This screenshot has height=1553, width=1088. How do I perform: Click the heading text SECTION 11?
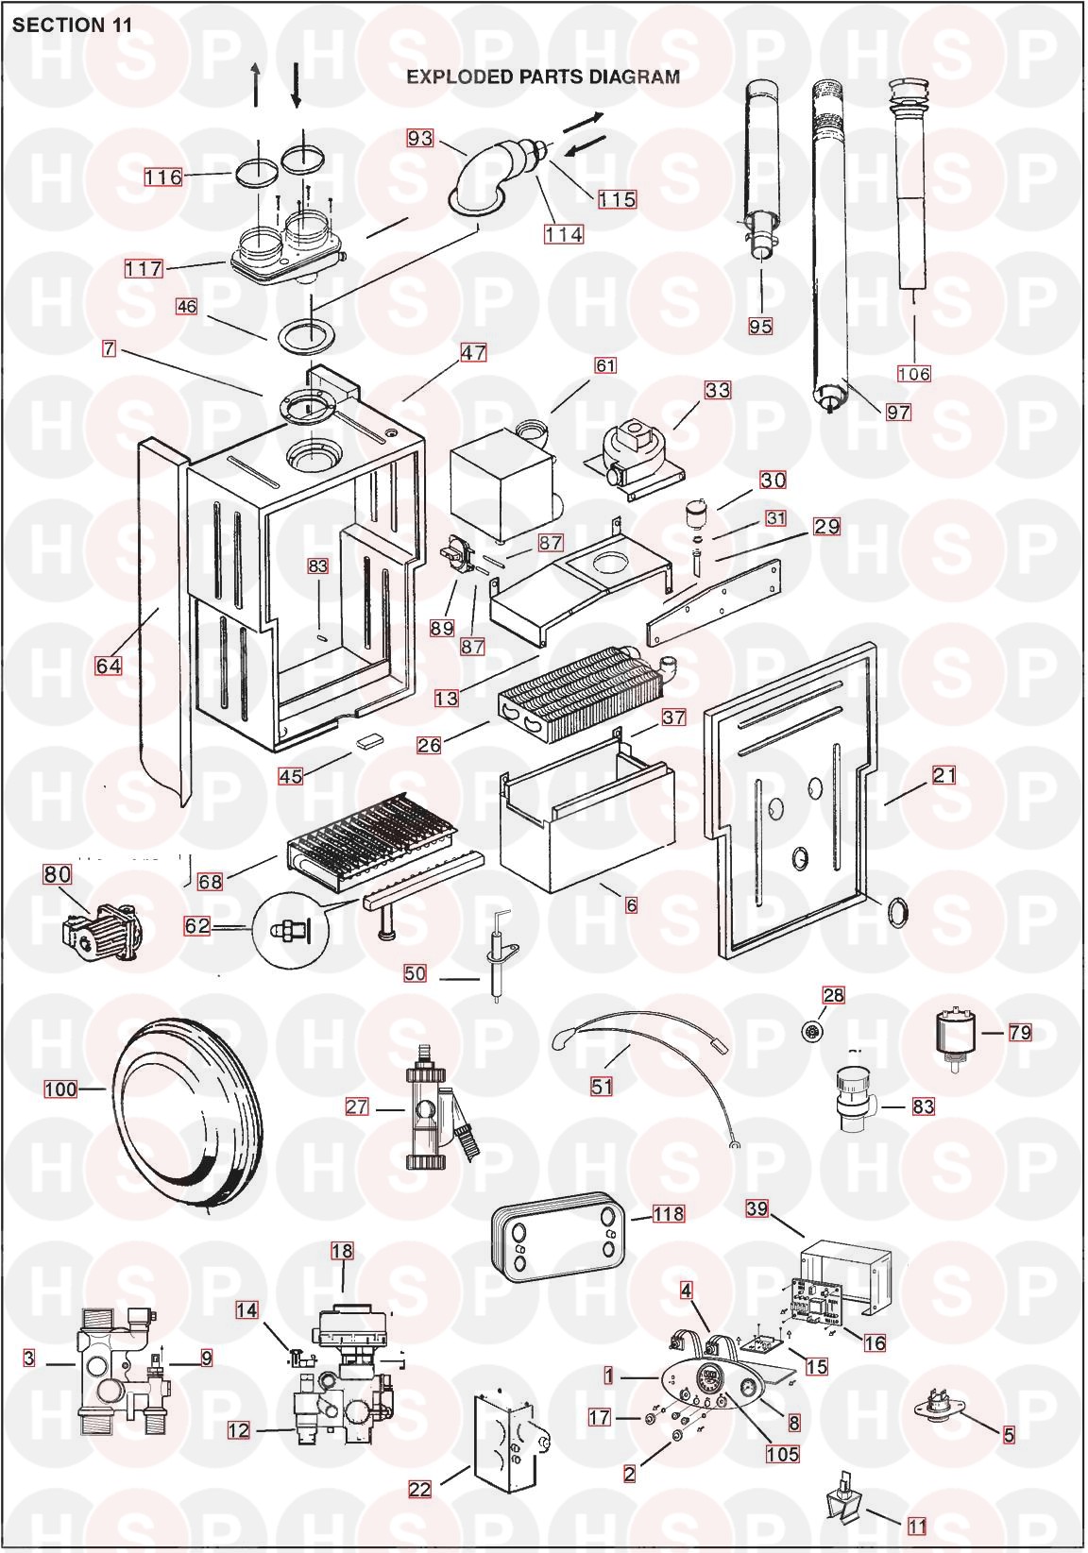72,25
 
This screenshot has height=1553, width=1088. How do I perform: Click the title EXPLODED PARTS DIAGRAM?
542,76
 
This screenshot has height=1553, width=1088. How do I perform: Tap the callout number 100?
60,1089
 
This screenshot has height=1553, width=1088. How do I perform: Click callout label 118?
668,1213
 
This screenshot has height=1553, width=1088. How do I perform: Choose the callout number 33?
717,389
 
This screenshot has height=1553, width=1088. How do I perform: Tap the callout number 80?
58,874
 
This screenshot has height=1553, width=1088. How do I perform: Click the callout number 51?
602,1086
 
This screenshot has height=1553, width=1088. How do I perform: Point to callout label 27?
357,1106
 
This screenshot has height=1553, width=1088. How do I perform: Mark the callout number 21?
944,775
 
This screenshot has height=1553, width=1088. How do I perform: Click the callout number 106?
913,374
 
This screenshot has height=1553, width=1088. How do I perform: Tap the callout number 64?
109,666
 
